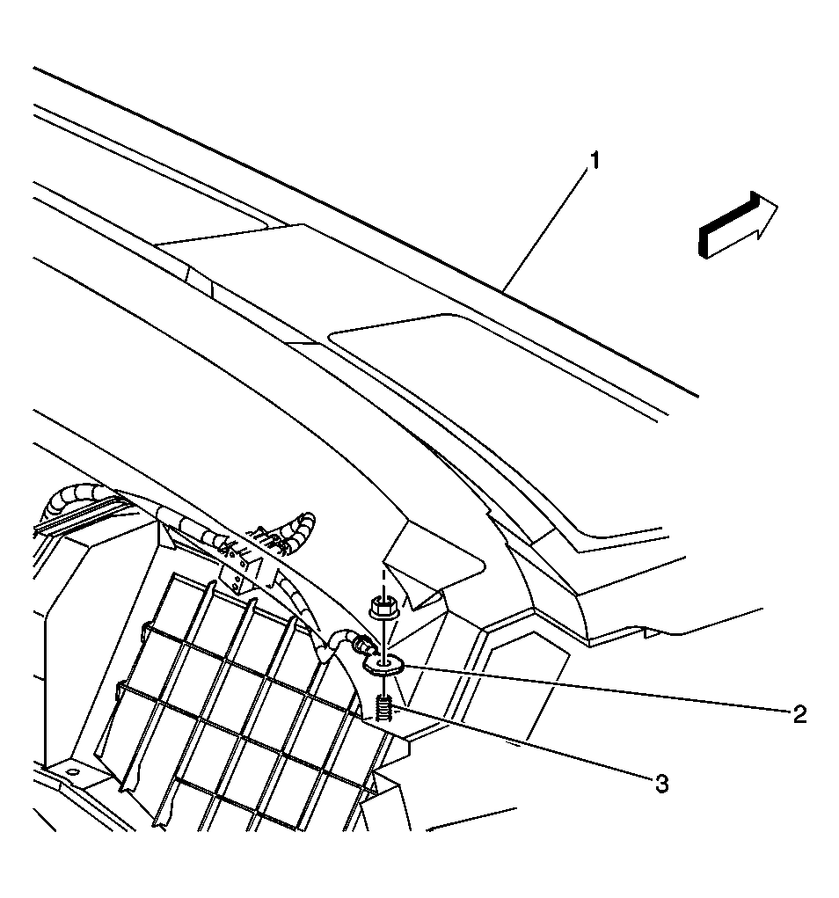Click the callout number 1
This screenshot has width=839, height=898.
pyautogui.click(x=595, y=161)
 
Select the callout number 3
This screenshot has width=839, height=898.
pyautogui.click(x=661, y=784)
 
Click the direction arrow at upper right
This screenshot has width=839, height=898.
pyautogui.click(x=738, y=224)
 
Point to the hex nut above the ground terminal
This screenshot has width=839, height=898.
pyautogui.click(x=382, y=607)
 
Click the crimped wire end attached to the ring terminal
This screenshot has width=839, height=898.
pyautogui.click(x=360, y=646)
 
